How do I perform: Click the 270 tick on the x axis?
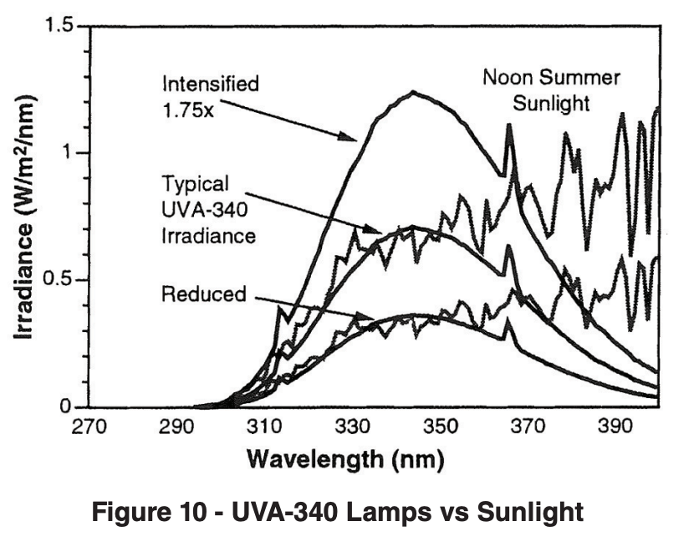pyautogui.click(x=89, y=427)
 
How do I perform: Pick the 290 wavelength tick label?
pyautogui.click(x=176, y=427)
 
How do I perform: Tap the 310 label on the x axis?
pyautogui.click(x=264, y=427)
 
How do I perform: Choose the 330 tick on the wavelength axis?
pyautogui.click(x=352, y=427)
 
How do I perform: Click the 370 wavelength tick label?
pyautogui.click(x=528, y=427)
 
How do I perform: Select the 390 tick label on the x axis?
pyautogui.click(x=615, y=427)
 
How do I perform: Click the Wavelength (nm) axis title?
pyautogui.click(x=344, y=459)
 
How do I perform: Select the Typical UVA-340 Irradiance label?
pyautogui.click(x=208, y=209)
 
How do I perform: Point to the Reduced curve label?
pyautogui.click(x=204, y=294)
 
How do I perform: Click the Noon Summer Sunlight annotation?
pyautogui.click(x=552, y=90)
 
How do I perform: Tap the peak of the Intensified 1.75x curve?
pyautogui.click(x=412, y=92)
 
